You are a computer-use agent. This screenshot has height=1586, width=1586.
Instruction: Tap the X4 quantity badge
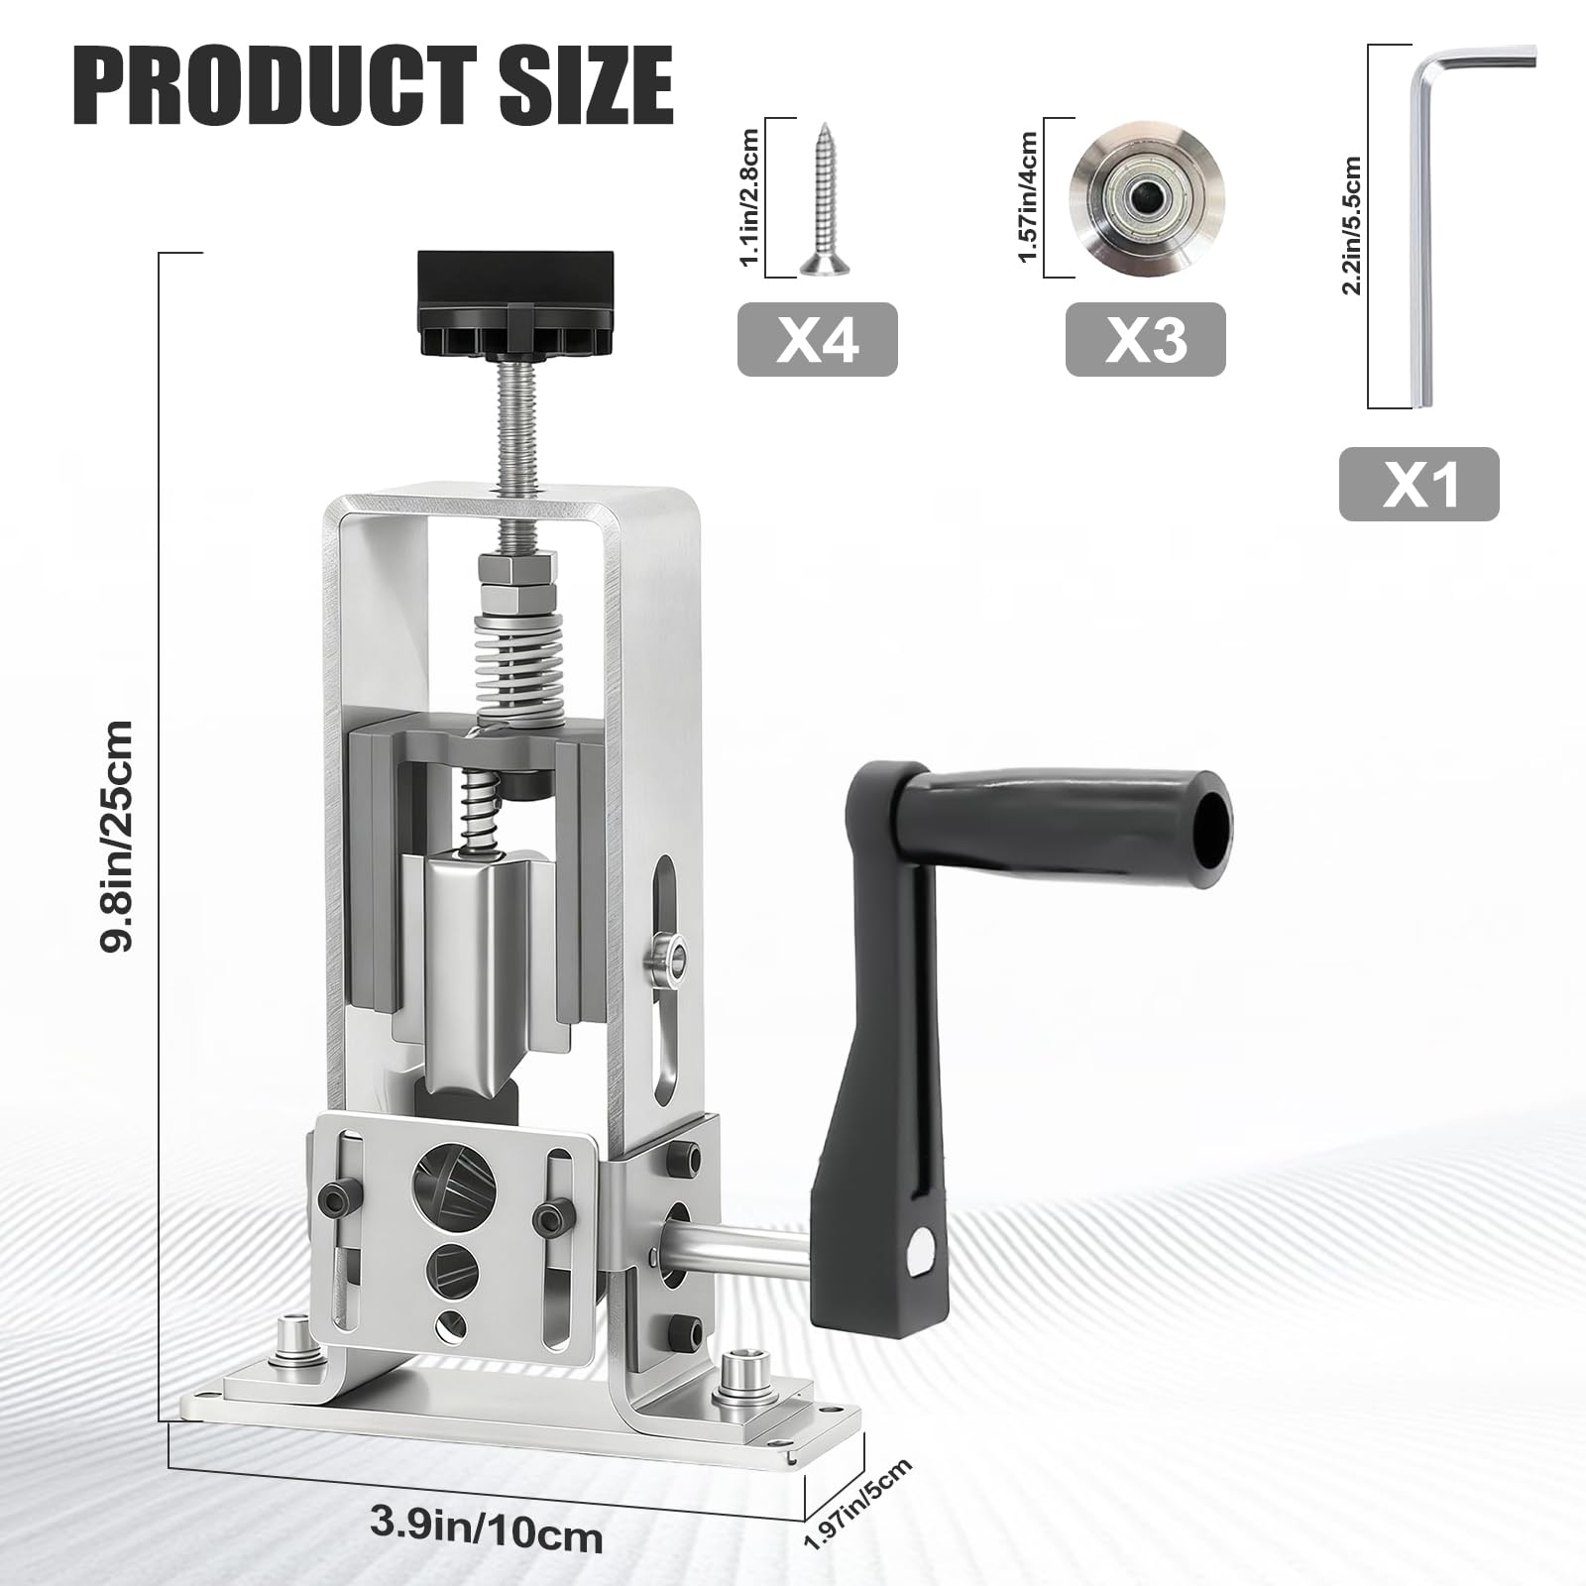click(x=817, y=340)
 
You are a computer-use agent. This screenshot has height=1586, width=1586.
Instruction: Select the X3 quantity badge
click(x=1145, y=340)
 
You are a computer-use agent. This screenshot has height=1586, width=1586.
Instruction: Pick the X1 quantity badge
click(x=1418, y=485)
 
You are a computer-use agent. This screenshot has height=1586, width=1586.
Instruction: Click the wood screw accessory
click(x=821, y=198)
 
